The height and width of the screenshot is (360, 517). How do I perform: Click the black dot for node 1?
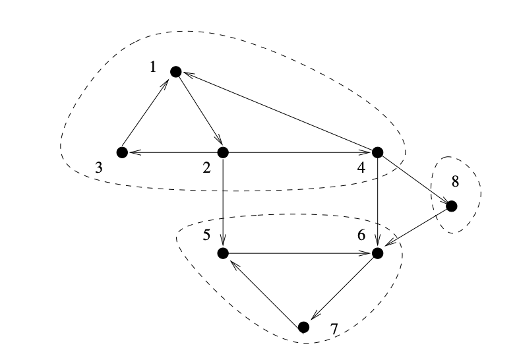(175, 71)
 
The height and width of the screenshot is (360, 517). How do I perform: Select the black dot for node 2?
(223, 152)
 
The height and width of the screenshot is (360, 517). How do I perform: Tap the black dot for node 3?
(121, 152)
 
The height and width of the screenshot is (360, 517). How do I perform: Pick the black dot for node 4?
(378, 152)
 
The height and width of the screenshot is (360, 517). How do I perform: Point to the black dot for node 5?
(223, 253)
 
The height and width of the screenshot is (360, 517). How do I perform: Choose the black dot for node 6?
(378, 253)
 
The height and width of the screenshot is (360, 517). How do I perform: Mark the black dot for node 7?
(303, 327)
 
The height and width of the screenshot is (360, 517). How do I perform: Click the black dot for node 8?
(452, 206)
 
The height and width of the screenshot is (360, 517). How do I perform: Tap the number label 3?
(98, 167)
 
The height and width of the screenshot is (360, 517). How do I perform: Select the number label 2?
(206, 167)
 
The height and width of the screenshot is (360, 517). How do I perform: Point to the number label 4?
(361, 167)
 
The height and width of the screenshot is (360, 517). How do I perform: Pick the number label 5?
(206, 235)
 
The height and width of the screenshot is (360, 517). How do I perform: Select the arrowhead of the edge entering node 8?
(444, 200)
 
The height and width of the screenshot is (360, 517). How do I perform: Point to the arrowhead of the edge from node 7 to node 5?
(231, 260)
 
